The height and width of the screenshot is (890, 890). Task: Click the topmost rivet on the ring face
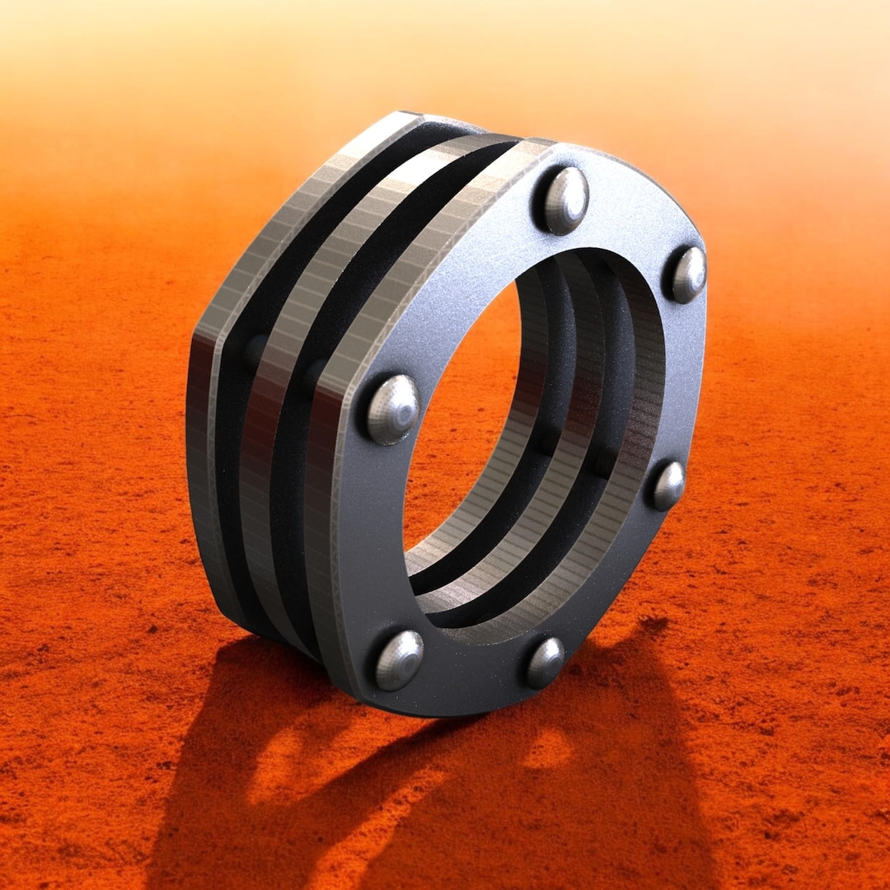565,200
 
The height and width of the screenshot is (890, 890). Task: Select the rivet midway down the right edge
668,485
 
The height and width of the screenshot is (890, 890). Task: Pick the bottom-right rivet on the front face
545,662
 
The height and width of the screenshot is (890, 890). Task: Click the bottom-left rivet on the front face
399,659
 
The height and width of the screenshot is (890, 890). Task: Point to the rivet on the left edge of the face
392,409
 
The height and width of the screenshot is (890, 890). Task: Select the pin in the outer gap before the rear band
255,351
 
